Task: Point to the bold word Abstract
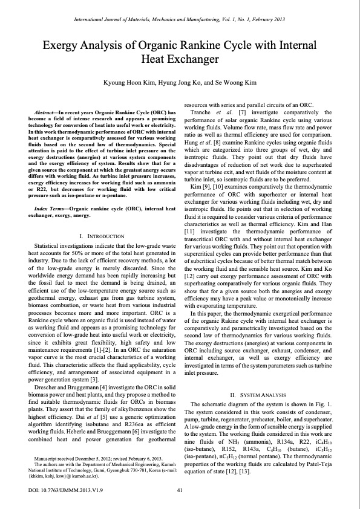[x=49, y=112]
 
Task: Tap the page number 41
[x=180, y=490]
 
